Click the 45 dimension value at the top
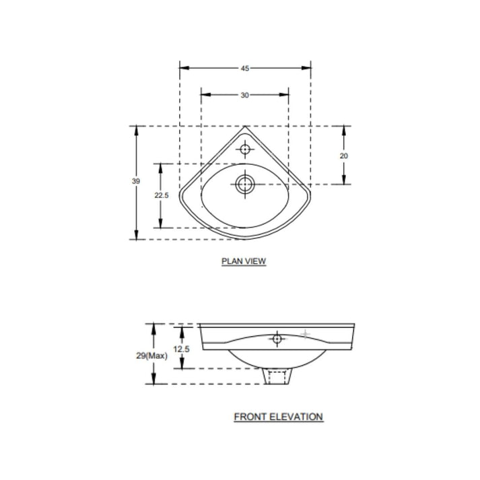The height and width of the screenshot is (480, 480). (245, 68)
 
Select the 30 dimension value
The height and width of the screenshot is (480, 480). (245, 96)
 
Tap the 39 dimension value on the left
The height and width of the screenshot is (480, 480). (137, 182)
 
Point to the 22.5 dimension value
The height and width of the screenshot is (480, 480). (160, 195)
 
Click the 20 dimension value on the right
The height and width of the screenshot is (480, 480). (344, 155)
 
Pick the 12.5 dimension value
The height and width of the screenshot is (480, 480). (181, 349)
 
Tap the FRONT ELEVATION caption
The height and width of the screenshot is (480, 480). (278, 417)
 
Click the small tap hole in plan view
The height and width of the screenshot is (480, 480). (246, 147)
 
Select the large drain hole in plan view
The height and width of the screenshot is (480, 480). (245, 182)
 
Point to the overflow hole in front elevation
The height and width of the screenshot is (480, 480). (276, 339)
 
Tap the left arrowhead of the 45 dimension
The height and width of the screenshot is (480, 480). (182, 68)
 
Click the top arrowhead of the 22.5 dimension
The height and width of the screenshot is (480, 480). (160, 166)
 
